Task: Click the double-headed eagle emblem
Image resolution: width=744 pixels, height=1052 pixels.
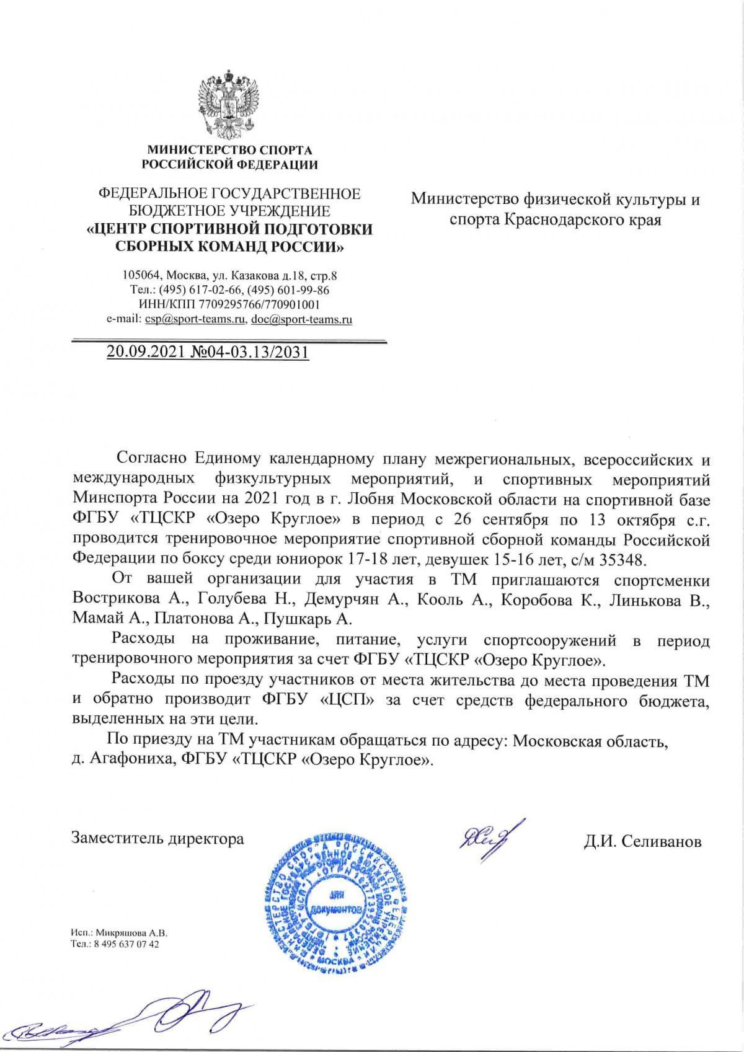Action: pyautogui.click(x=229, y=105)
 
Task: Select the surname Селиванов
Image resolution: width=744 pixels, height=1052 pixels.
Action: pyautogui.click(x=661, y=841)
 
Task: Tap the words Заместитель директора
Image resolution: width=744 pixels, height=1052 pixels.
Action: pyautogui.click(x=158, y=839)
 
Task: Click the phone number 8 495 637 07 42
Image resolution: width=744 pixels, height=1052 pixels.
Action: pyautogui.click(x=124, y=944)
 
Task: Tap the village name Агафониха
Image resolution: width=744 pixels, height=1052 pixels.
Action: pyautogui.click(x=126, y=759)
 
